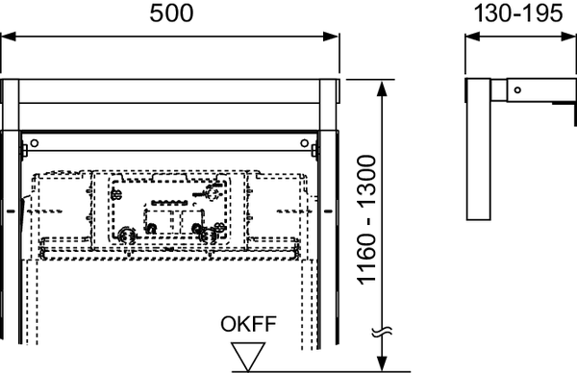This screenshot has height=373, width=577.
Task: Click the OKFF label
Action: (x=251, y=325)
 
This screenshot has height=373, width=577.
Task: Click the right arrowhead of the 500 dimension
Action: (x=335, y=37)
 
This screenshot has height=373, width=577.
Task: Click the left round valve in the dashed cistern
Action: (x=123, y=232)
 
